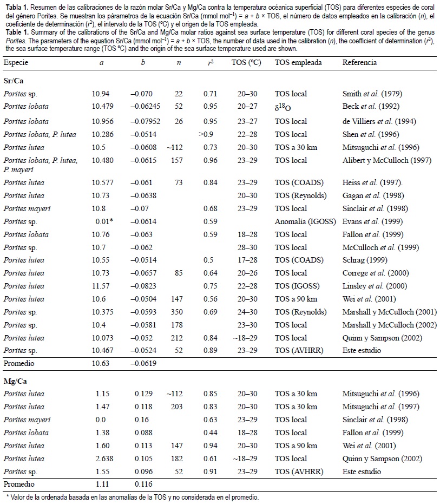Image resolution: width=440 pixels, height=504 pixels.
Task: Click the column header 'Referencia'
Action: point(359,62)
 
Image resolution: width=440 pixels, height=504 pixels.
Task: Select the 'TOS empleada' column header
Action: point(298,62)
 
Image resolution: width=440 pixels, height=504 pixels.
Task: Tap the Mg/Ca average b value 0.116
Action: point(143,485)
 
